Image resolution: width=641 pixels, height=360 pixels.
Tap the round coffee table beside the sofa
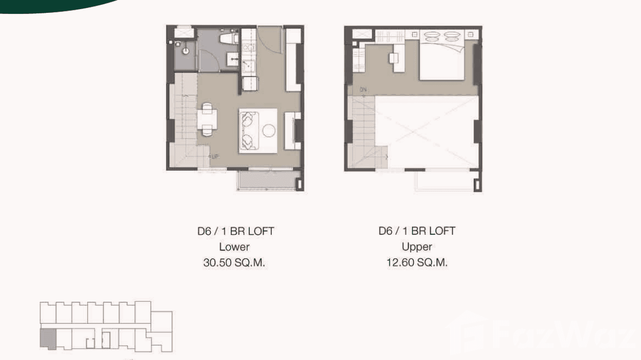click(x=269, y=130)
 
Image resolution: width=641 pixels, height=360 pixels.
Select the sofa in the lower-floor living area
click(x=248, y=130)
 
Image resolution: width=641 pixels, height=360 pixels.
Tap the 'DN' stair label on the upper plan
click(x=363, y=90)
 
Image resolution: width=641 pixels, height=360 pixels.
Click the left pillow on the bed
click(x=431, y=36)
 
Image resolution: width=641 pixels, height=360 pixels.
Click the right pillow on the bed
click(x=452, y=36)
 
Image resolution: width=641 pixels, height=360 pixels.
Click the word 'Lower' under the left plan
click(x=234, y=247)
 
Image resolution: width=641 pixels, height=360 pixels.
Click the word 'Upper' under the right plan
click(x=417, y=247)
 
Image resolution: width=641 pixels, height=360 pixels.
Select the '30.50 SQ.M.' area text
click(x=234, y=263)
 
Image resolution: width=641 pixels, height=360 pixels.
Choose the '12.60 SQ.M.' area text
click(x=417, y=263)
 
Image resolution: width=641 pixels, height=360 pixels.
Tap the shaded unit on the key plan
click(x=48, y=339)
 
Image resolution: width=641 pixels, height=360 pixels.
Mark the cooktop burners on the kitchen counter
click(x=248, y=47)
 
